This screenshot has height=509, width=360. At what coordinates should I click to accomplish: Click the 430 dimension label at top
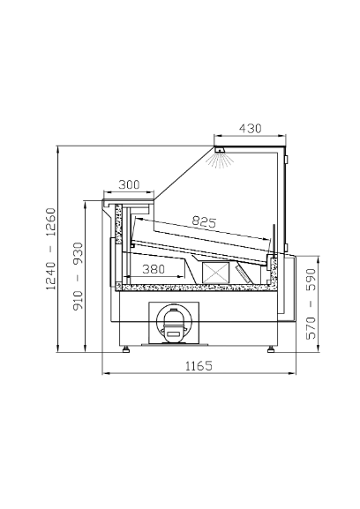click(x=250, y=129)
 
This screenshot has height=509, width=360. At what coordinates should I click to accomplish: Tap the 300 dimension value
click(x=129, y=184)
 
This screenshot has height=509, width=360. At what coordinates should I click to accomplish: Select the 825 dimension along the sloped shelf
click(x=204, y=221)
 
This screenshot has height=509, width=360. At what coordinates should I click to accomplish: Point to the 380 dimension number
click(x=154, y=269)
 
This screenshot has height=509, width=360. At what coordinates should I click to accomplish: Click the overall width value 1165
click(x=199, y=366)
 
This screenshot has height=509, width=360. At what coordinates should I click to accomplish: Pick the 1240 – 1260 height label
click(x=50, y=249)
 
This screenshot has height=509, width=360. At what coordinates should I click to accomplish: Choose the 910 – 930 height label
click(x=78, y=276)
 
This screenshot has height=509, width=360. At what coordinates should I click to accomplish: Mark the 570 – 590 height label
click(x=311, y=303)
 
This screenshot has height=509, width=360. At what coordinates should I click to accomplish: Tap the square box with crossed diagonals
click(x=215, y=272)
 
